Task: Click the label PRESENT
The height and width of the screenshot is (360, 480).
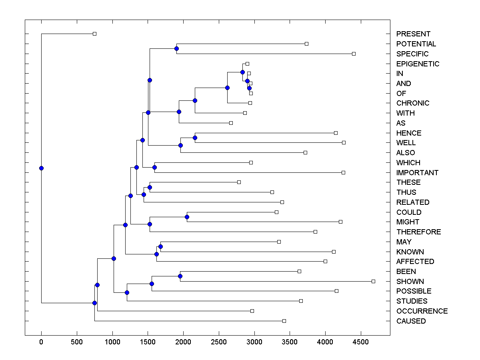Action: pyautogui.click(x=413, y=34)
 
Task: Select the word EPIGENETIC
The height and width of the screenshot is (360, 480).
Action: pyautogui.click(x=418, y=64)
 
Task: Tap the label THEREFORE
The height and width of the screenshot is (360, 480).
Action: pyautogui.click(x=418, y=232)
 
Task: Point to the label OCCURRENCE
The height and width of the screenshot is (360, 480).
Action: pyautogui.click(x=422, y=311)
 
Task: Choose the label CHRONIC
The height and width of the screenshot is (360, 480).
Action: pyautogui.click(x=413, y=103)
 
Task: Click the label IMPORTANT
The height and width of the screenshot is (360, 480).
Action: pyautogui.click(x=417, y=173)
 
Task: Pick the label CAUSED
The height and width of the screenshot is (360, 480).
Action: pyautogui.click(x=411, y=321)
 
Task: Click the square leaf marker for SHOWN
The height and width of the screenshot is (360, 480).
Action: pyautogui.click(x=373, y=281)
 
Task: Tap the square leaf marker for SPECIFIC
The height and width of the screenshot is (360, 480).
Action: pyautogui.click(x=354, y=54)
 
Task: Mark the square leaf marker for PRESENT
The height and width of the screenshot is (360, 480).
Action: pyautogui.click(x=94, y=34)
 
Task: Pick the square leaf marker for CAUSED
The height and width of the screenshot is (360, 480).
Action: pyautogui.click(x=284, y=321)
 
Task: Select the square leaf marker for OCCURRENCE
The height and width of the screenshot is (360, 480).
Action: pyautogui.click(x=252, y=311)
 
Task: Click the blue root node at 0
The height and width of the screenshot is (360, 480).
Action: pyautogui.click(x=41, y=168)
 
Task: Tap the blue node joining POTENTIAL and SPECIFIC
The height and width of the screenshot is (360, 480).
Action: pyautogui.click(x=176, y=48)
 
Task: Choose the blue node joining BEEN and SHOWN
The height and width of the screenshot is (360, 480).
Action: pyautogui.click(x=180, y=276)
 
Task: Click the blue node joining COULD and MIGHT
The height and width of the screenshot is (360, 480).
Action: pyautogui.click(x=187, y=217)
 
